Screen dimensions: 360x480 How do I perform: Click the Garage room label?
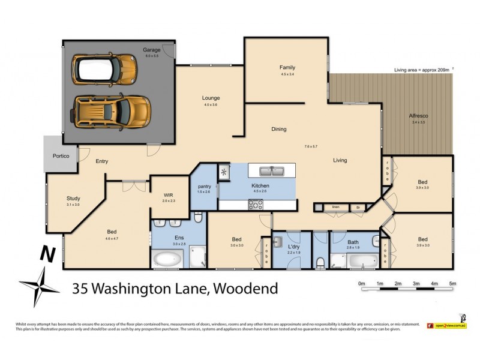151,50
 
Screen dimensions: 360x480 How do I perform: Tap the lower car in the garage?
111,111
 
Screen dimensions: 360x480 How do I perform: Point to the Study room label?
73,199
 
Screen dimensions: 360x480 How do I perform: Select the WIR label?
168,195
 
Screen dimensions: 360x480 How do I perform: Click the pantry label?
204,187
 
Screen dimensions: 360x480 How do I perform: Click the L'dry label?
293,247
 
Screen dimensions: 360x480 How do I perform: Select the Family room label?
287,68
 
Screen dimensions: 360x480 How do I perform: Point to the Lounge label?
211,98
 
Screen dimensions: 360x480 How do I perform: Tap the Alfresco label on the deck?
418,116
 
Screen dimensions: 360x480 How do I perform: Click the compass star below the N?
40,284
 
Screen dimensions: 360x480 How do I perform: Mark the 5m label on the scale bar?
452,283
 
